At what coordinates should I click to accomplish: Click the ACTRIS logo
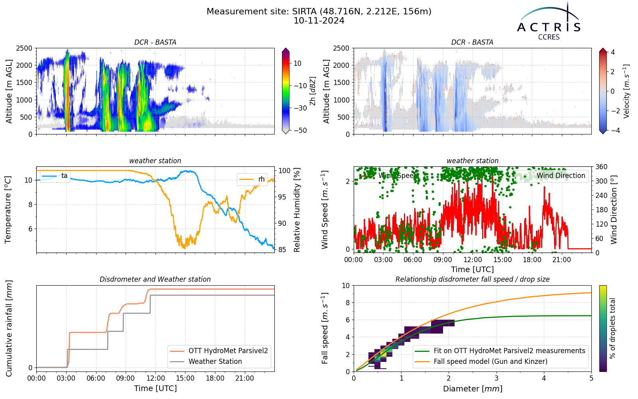(549, 22)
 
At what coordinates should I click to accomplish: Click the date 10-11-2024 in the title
(319, 21)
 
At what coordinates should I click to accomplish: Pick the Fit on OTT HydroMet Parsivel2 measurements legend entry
(500, 351)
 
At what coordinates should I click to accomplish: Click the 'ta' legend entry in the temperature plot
(55, 176)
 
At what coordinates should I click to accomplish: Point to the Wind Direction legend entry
(551, 176)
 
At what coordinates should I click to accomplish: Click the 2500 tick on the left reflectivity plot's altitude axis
(24, 48)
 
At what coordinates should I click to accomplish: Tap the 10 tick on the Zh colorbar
(297, 63)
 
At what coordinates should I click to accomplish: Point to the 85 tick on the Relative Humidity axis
(282, 250)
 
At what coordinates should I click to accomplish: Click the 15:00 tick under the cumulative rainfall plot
(185, 379)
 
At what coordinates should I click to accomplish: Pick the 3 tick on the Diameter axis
(496, 379)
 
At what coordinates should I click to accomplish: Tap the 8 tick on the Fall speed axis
(347, 303)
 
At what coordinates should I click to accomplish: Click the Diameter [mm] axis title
(473, 389)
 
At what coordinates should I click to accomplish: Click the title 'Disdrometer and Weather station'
(155, 279)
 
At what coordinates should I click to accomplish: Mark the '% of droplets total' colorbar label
(612, 328)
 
